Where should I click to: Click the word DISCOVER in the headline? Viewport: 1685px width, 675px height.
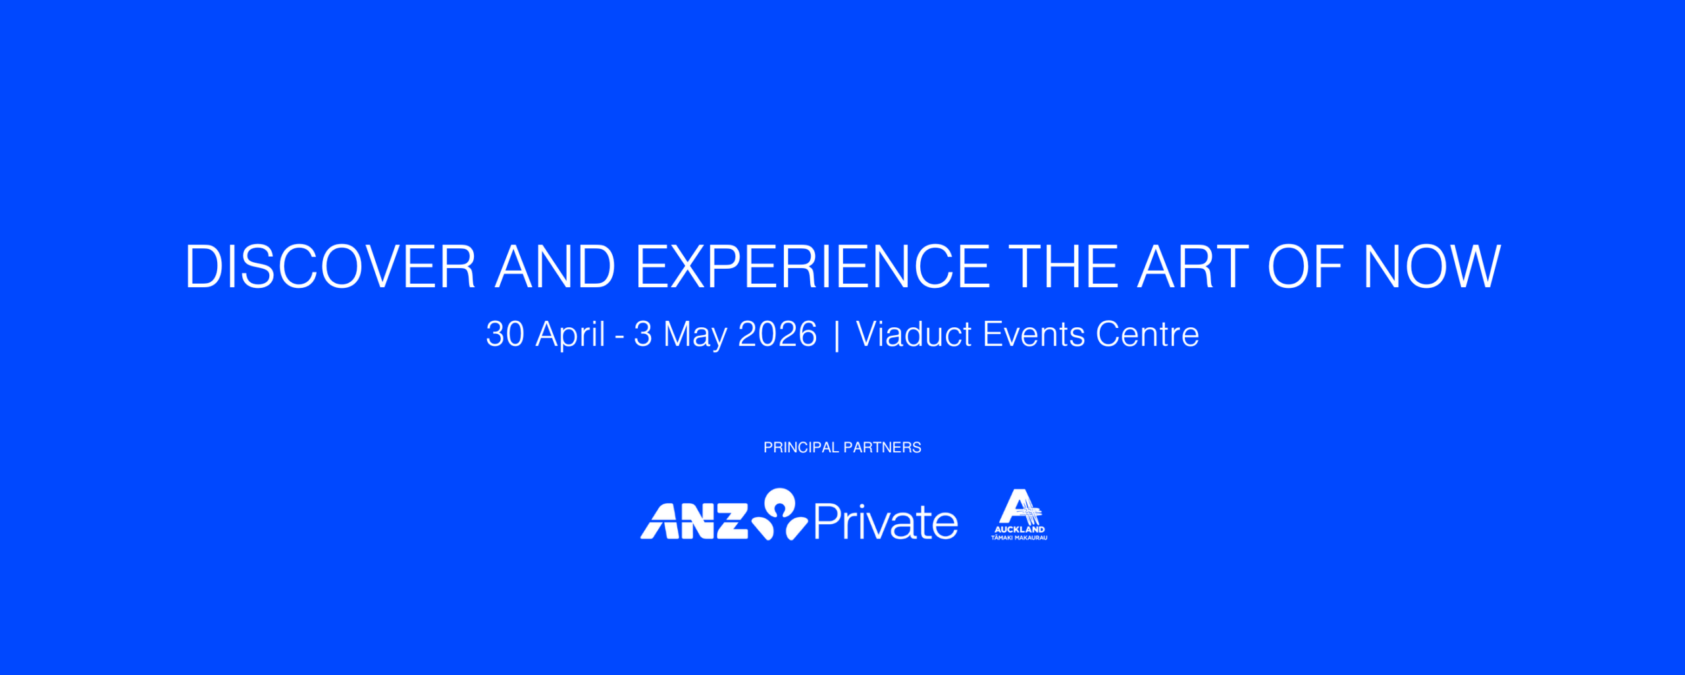pos(330,266)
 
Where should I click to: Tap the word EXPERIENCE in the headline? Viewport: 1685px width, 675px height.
pos(812,266)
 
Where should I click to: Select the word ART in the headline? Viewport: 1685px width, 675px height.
pos(1193,266)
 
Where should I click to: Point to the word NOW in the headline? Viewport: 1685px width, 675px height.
pos(1432,266)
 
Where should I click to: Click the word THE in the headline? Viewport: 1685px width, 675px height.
pos(1064,266)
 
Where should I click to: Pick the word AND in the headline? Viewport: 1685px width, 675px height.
pos(555,266)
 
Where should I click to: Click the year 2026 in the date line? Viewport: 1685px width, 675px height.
pos(777,334)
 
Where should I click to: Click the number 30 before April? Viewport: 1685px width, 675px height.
pos(505,334)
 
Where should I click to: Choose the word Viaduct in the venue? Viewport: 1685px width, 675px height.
pos(914,334)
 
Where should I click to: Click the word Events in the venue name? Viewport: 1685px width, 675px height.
pos(1033,334)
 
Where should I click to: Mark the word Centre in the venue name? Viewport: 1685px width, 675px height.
pos(1147,334)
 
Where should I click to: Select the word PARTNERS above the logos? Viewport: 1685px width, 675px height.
pos(883,447)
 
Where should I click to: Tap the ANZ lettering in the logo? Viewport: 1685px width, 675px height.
pos(694,521)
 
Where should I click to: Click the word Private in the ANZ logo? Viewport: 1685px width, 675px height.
pos(886,522)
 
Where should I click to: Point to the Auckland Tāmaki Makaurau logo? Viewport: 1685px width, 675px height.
pos(1019,514)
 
